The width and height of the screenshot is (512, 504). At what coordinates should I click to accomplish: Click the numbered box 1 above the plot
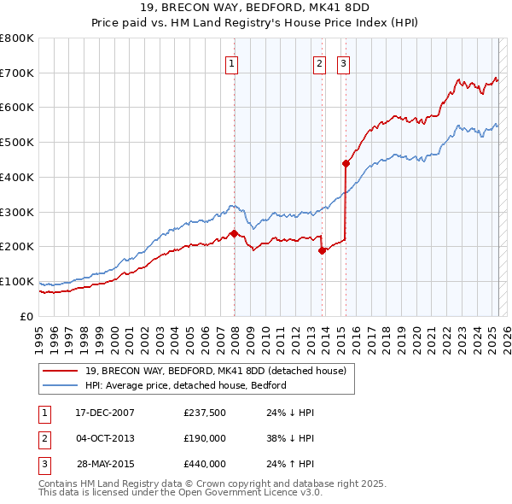[x=232, y=62]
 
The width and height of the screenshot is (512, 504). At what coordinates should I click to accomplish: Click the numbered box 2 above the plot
[x=319, y=62]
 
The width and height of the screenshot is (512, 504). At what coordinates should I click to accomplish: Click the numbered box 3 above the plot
[x=343, y=62]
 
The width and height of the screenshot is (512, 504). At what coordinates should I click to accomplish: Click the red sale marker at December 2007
[x=233, y=233]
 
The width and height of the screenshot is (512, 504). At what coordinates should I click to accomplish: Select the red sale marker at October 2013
[x=322, y=250]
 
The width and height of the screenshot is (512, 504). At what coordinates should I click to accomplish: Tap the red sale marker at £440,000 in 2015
[x=346, y=163]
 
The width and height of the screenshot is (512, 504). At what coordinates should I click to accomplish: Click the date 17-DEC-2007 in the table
[x=105, y=413]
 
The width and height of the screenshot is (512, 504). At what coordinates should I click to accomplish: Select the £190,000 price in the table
[x=204, y=438]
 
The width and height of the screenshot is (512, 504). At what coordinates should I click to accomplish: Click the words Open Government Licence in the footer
[x=241, y=492]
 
